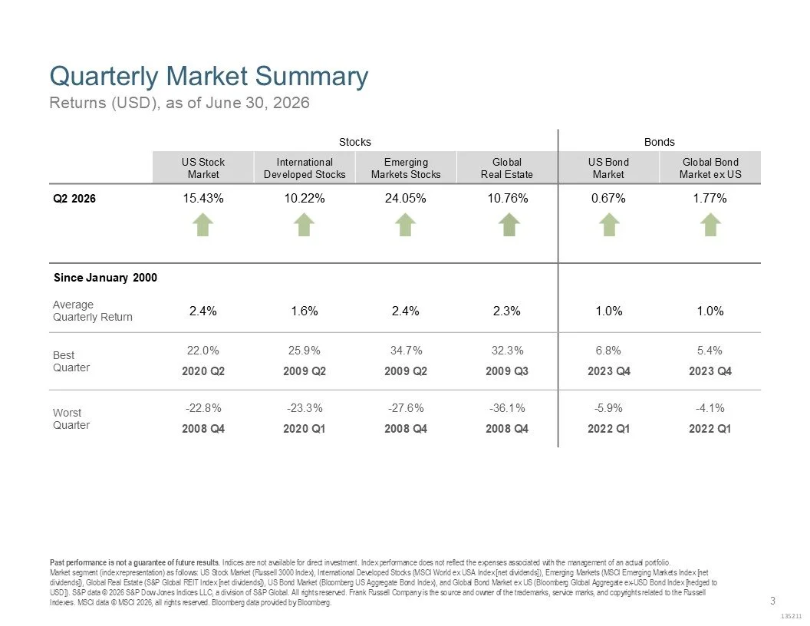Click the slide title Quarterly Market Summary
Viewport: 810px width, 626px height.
point(209,77)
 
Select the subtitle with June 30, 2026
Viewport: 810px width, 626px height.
point(179,103)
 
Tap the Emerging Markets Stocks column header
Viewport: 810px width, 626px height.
point(406,168)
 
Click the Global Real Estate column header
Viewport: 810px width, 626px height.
point(507,168)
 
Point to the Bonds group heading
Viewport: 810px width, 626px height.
point(659,142)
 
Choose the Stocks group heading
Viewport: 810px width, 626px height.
point(355,142)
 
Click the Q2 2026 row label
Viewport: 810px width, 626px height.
point(74,199)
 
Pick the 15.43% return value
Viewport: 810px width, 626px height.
point(203,199)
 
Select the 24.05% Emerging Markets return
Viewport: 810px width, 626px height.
point(406,199)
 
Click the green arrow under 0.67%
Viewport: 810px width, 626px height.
point(609,226)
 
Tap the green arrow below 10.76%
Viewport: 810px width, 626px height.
point(509,226)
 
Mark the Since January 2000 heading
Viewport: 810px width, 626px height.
point(105,278)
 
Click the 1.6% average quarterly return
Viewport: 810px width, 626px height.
point(305,311)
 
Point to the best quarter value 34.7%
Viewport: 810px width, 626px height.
point(406,351)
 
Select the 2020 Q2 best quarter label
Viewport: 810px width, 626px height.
point(203,371)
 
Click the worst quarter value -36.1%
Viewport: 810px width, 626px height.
point(507,408)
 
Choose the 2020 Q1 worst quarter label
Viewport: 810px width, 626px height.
point(305,429)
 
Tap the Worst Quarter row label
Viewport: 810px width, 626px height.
point(71,419)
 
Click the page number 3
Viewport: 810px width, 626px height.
point(773,601)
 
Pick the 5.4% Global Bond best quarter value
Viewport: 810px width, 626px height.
point(710,351)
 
